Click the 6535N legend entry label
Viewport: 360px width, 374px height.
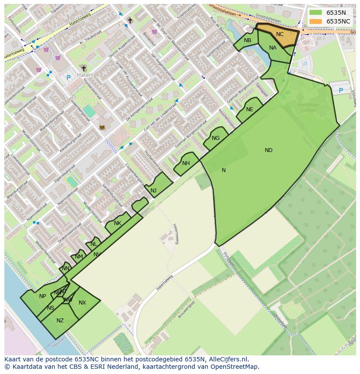tap(336, 13)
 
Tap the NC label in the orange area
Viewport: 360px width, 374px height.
tap(280, 34)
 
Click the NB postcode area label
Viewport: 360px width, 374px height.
tap(247, 40)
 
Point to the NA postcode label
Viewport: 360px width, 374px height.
tap(273, 48)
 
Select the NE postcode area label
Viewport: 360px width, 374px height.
tap(250, 109)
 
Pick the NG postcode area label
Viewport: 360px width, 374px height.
tap(216, 138)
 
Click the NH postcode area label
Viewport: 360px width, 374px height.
tap(186, 163)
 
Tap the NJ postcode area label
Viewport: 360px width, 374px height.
tap(153, 191)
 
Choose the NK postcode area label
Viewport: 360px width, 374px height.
tap(117, 223)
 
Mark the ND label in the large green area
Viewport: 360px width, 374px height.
tap(269, 150)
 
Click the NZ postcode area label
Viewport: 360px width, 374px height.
tap(60, 321)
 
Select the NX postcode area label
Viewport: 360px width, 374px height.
tap(82, 303)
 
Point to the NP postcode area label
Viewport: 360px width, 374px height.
tap(43, 296)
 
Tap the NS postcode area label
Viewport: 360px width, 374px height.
tap(51, 308)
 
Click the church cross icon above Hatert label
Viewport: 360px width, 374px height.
tap(83, 68)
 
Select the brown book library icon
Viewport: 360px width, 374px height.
tap(102, 127)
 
